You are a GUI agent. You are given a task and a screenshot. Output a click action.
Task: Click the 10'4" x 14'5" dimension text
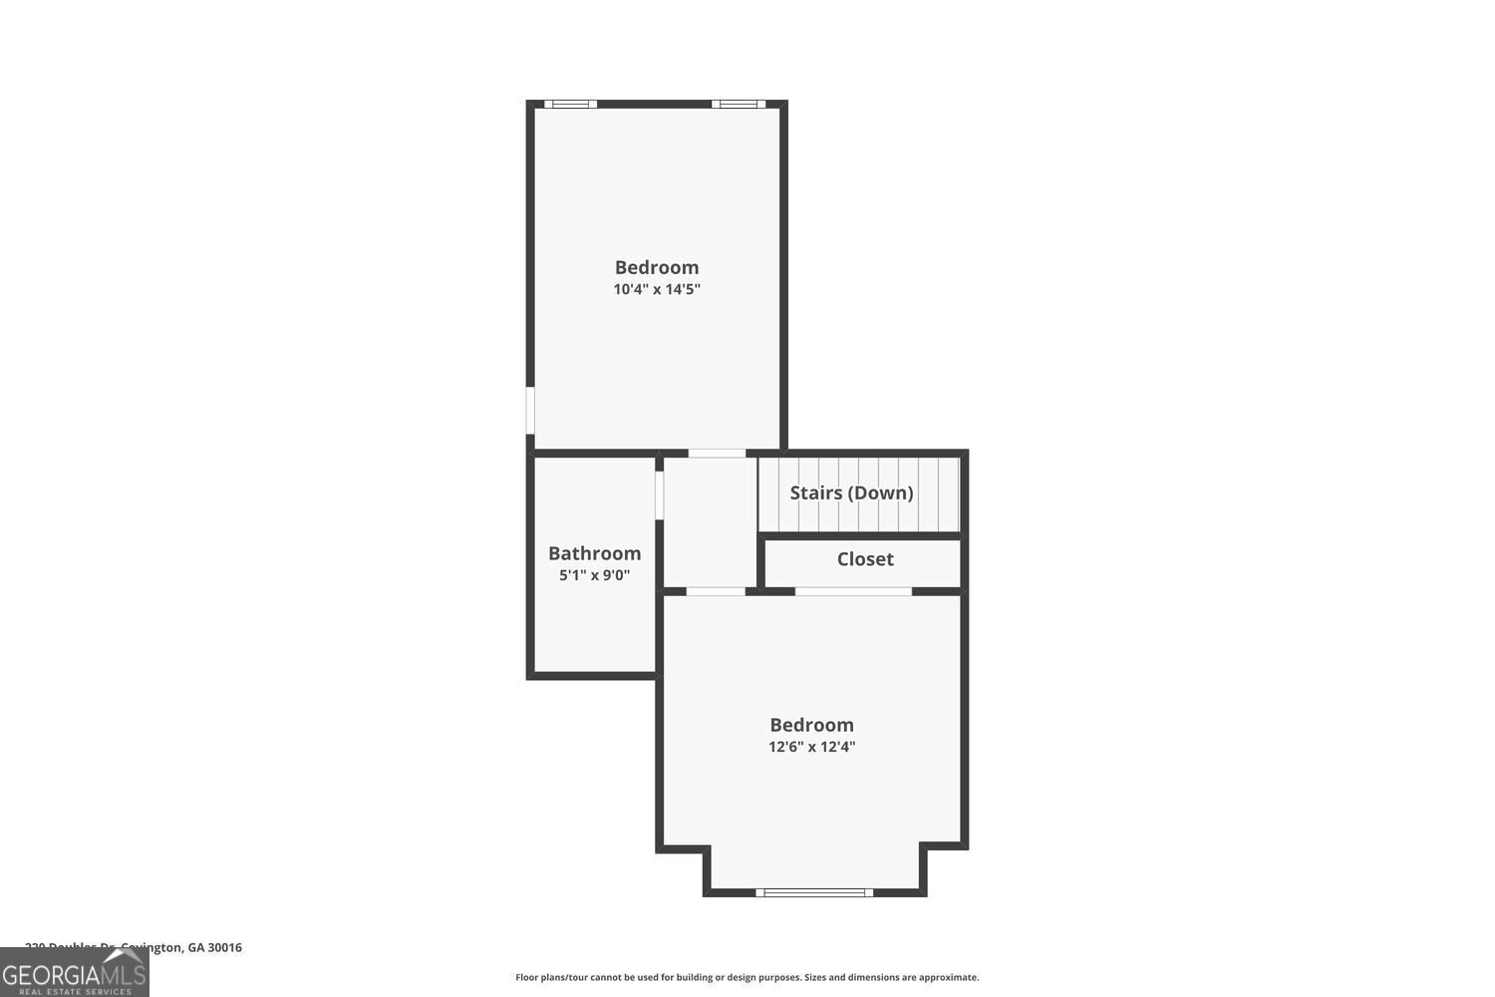coord(657,290)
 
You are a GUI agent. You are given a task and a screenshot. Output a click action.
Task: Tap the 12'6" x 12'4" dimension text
coord(811,747)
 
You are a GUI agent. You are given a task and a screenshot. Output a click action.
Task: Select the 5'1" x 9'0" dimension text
coord(594,575)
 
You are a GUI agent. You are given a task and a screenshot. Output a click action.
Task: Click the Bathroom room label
coord(594,553)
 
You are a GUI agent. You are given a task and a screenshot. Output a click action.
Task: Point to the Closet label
coord(865,559)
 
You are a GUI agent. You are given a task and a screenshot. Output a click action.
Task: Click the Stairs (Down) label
coord(851,493)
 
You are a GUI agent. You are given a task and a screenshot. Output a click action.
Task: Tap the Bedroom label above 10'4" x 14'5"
coord(657,267)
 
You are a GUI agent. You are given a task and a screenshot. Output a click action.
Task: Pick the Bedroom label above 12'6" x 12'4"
coord(811,725)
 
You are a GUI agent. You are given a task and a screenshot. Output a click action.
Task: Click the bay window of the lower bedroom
coord(814,892)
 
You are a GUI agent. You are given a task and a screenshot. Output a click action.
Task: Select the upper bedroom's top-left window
coord(571,104)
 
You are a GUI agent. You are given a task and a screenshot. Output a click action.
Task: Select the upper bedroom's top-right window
coord(739,104)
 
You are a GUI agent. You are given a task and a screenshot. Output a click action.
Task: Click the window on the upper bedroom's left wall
coord(530,411)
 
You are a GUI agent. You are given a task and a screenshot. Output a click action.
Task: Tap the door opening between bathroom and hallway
coord(659,495)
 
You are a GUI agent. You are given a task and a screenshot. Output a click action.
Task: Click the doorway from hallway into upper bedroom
coord(717,454)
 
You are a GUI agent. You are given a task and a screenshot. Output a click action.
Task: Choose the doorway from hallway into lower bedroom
coord(716,591)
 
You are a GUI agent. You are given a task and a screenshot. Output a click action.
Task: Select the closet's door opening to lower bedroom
coord(853,591)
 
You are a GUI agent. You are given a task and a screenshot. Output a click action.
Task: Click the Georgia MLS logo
coord(74,973)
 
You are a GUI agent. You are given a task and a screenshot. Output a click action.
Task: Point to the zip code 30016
coord(224,948)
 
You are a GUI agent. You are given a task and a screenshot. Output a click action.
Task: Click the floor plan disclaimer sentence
coord(747,977)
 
